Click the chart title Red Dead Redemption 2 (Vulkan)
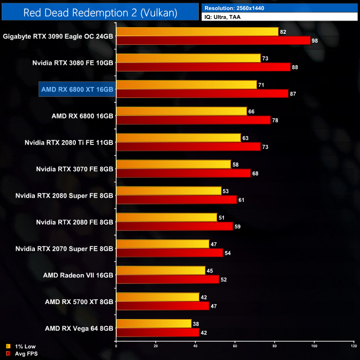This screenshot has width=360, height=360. coord(100,12)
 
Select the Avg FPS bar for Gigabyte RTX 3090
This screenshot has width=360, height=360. coord(213,40)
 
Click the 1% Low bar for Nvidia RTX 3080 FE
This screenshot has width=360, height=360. coord(188,58)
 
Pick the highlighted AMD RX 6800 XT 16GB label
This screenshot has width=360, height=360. coord(77,89)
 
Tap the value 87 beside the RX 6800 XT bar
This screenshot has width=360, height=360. coord(293,94)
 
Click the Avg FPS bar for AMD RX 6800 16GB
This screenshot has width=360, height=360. coord(193,120)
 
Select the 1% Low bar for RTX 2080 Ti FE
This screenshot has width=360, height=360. coord(178,138)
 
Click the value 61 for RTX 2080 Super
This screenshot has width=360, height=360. coord(241,200)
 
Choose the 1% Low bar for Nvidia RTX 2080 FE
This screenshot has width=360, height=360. coord(167,218)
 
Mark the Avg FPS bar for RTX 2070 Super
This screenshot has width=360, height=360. coord(169,253)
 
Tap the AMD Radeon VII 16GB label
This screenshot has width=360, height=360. coord(78,275)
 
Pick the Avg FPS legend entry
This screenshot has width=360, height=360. coord(24,353)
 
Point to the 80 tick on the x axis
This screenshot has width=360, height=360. coord(275,347)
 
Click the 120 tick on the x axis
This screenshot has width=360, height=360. coord(353,347)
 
